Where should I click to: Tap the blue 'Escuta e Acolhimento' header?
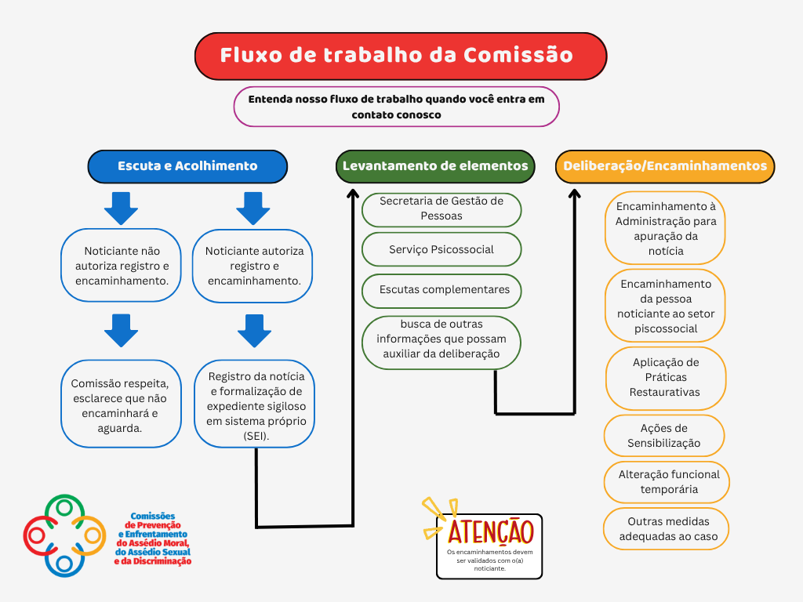pyautogui.click(x=187, y=166)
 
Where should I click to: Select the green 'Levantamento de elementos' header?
pyautogui.click(x=435, y=166)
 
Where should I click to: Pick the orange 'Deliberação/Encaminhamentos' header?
pyautogui.click(x=665, y=166)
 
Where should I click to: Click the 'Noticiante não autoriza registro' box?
pyautogui.click(x=122, y=266)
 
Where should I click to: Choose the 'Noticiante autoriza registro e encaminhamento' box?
pyautogui.click(x=253, y=266)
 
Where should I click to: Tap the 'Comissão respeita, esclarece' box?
pyautogui.click(x=121, y=404)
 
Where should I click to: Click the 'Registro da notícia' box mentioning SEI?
pyautogui.click(x=255, y=404)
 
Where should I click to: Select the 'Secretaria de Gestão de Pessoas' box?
pyautogui.click(x=441, y=209)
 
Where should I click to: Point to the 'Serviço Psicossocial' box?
pyautogui.click(x=441, y=249)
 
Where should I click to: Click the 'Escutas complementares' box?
pyautogui.click(x=441, y=291)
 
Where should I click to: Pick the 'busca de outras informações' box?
pyautogui.click(x=441, y=342)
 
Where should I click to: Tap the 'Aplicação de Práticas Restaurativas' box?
pyautogui.click(x=666, y=378)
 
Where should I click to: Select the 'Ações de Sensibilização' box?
pyautogui.click(x=664, y=436)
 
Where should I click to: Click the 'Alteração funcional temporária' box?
pyautogui.click(x=667, y=482)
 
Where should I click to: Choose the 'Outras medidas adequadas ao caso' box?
pyautogui.click(x=666, y=529)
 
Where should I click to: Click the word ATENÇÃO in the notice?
pyautogui.click(x=491, y=532)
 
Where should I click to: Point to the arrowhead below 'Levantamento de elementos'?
pyautogui.click(x=353, y=194)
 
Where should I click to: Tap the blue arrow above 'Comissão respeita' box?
pyautogui.click(x=121, y=331)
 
